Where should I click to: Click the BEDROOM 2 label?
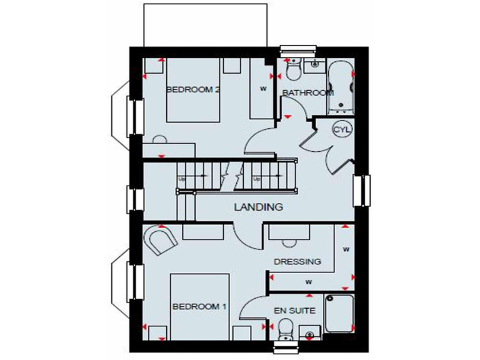point(192,89)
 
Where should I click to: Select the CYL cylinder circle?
point(342,129)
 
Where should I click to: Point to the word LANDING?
point(258,206)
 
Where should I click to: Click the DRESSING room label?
point(297,261)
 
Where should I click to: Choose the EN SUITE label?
point(294,310)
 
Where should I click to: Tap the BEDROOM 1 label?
point(199,307)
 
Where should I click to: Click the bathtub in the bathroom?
point(341,87)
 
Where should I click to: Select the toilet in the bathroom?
point(292,68)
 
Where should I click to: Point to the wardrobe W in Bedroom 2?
point(263,88)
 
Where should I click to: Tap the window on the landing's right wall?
point(363,190)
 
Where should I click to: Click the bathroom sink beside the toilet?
point(314,64)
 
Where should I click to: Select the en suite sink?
point(307,332)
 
